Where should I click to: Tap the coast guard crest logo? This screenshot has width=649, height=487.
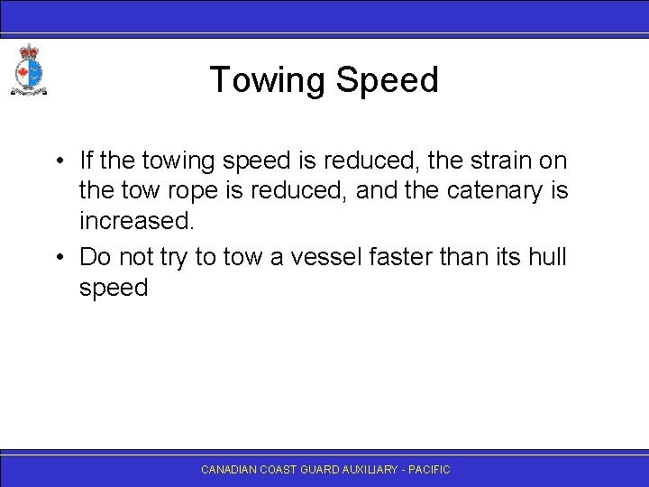click(27, 69)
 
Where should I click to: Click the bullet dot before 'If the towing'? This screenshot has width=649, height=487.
click(57, 162)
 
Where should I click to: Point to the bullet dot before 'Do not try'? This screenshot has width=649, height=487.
click(57, 257)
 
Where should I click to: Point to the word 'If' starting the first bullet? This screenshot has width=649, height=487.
click(86, 161)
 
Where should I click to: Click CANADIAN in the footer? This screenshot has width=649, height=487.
click(230, 470)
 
